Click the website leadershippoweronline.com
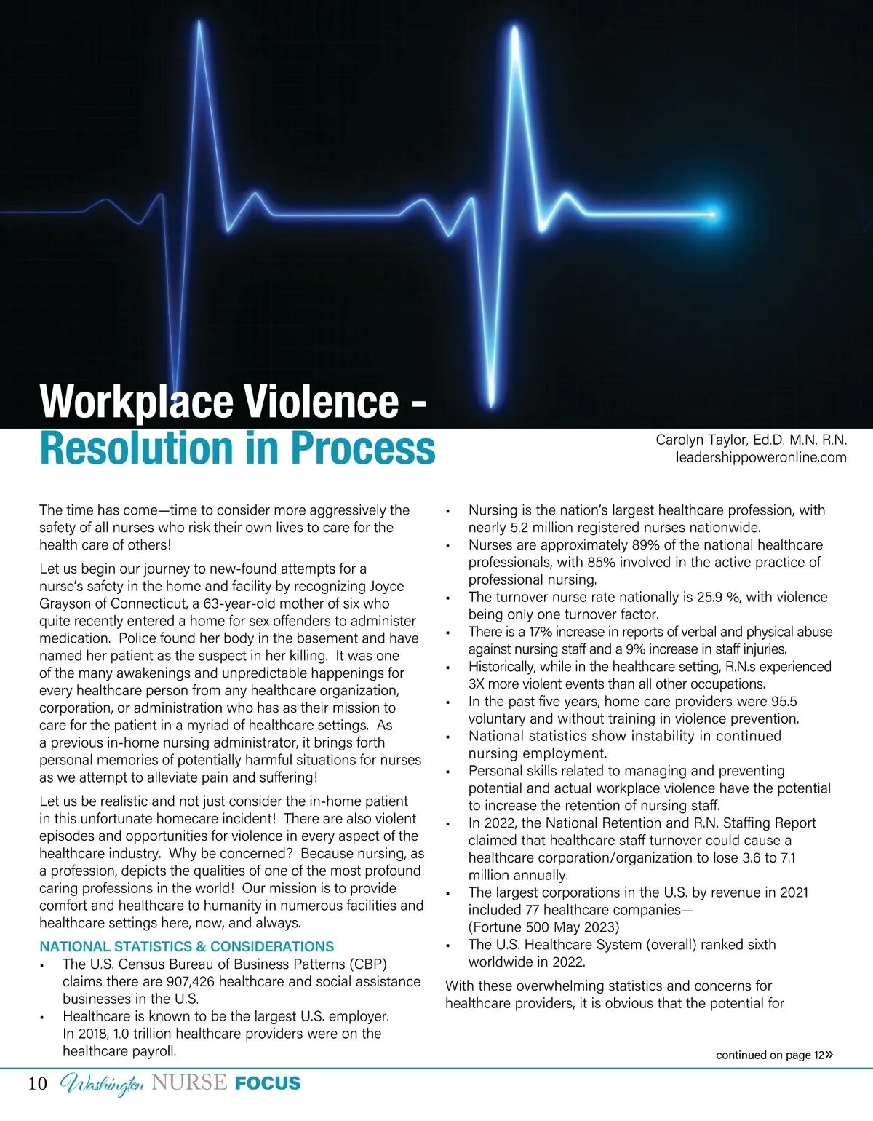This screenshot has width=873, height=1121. point(761,457)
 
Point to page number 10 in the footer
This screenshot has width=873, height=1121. point(37,1083)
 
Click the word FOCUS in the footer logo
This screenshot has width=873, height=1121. point(268,1083)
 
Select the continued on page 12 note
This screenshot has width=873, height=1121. point(773,1055)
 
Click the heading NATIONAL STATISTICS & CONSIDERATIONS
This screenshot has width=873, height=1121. point(186,946)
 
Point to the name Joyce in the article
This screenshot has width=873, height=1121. point(387,586)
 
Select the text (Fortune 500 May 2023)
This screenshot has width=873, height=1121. point(544,927)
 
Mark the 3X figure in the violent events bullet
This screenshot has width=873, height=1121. point(477,684)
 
